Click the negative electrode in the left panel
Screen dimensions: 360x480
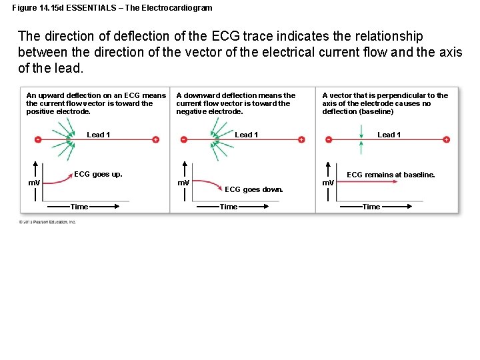pos(38,139)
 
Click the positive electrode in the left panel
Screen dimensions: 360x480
pos(155,139)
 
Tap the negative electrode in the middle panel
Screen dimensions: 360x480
pos(185,139)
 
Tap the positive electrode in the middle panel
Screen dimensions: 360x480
pos(301,139)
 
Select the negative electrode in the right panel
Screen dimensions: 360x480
pos(329,139)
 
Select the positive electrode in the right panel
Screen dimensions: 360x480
pos(446,139)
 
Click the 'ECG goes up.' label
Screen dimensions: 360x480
pos(98,175)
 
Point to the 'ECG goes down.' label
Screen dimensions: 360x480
pos(253,189)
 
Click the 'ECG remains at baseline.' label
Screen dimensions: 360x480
pos(391,175)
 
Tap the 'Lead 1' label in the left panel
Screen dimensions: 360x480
pos(98,135)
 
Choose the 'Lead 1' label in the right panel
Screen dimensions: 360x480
pos(389,135)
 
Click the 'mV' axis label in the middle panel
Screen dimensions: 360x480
pos(182,182)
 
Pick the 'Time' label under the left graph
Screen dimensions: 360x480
pos(79,207)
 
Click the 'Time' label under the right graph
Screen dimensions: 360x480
pos(371,207)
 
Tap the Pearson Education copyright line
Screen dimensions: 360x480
pos(47,222)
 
